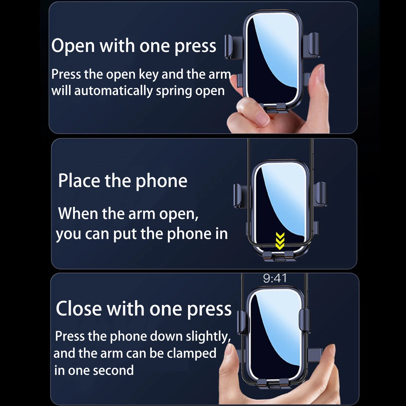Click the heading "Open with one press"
pos(134,46)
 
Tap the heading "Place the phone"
pos(123,181)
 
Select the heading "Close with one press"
pos(144,309)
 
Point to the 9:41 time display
pos(275,278)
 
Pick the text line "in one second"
pos(94,370)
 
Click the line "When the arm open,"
pos(128,214)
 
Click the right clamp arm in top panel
pos(312,45)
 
